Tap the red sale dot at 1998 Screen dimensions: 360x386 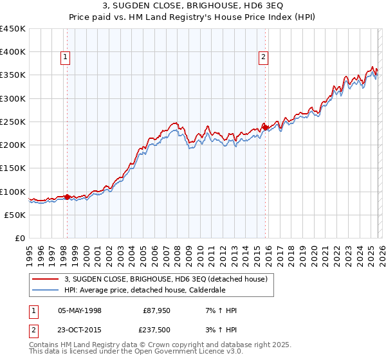(x=67, y=197)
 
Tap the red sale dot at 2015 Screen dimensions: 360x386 (x=266, y=127)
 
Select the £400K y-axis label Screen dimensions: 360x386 (x=13, y=52)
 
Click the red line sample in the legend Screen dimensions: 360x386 (x=46, y=278)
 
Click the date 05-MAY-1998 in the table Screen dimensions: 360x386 (x=80, y=310)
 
